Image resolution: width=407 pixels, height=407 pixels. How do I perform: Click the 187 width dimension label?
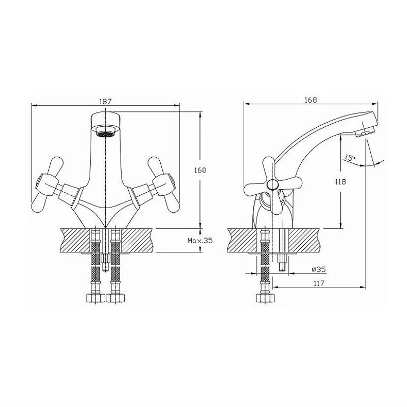point(105,101)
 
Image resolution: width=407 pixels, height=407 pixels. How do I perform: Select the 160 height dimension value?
point(200,170)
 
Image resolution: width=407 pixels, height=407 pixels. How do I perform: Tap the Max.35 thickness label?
point(200,241)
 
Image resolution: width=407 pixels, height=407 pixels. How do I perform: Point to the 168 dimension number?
point(311,100)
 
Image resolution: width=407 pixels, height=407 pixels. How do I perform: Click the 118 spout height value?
point(340,182)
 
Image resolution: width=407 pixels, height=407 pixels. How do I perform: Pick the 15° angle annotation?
point(350,158)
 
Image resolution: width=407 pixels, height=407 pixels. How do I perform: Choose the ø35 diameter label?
point(318,270)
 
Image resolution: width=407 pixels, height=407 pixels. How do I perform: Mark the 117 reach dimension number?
point(319,283)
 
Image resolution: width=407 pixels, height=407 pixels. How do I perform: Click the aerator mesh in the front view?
point(105,135)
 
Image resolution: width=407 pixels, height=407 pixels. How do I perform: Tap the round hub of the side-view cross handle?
point(272,185)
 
